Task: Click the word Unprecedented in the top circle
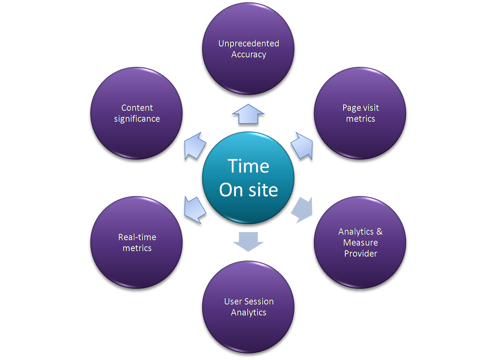pyautogui.click(x=248, y=43)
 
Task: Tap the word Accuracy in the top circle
pyautogui.click(x=248, y=54)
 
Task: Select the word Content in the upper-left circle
pyautogui.click(x=137, y=108)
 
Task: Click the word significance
pyautogui.click(x=137, y=119)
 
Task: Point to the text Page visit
pyautogui.click(x=360, y=108)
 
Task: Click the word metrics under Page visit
pyautogui.click(x=360, y=119)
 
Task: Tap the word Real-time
pyautogui.click(x=137, y=237)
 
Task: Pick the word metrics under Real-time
pyautogui.click(x=137, y=248)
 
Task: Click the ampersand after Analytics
pyautogui.click(x=379, y=232)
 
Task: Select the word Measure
pyautogui.click(x=360, y=243)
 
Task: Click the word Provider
pyautogui.click(x=360, y=254)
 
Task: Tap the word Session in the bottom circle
pyautogui.click(x=259, y=302)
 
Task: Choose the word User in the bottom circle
pyautogui.click(x=233, y=302)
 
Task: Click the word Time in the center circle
pyautogui.click(x=248, y=166)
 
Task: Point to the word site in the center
pyautogui.click(x=263, y=190)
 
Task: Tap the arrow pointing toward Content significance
pyautogui.click(x=194, y=147)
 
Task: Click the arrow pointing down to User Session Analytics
pyautogui.click(x=248, y=241)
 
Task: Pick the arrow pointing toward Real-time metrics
pyautogui.click(x=195, y=210)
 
